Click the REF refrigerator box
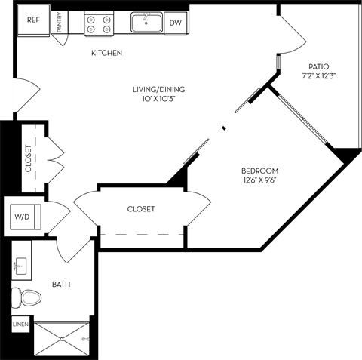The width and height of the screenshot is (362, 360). pos(33,20)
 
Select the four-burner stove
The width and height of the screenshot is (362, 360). pos(99,23)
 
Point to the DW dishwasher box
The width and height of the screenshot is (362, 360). pos(174,23)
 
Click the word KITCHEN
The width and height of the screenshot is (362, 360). pos(106,53)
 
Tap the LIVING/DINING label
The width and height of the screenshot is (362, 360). pos(158,89)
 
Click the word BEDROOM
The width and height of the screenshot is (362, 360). pos(260,170)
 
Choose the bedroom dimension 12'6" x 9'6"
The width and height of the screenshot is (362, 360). pos(260,180)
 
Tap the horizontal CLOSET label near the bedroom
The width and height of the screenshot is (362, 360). pos(141,209)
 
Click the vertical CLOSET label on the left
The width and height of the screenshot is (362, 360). pos(29,158)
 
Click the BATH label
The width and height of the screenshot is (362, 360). pos(61,285)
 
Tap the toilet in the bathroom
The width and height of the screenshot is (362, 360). pos(27,297)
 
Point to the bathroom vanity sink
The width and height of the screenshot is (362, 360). pos(20,266)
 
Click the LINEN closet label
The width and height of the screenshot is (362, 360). pos(20,325)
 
